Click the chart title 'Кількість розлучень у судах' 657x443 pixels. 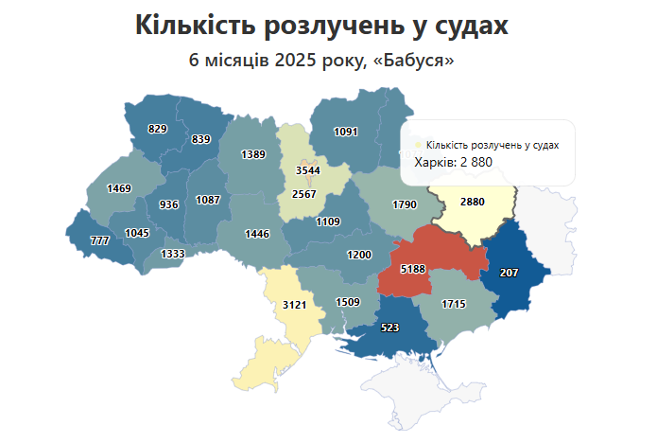[x=321, y=26]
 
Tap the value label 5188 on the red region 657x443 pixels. [x=413, y=270]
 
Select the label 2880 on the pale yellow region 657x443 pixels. [x=473, y=202]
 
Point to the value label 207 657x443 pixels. [x=509, y=273]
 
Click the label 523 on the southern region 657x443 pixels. [x=389, y=328]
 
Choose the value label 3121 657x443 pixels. [x=296, y=305]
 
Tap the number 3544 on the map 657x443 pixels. [x=308, y=170]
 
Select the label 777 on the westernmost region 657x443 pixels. [x=99, y=241]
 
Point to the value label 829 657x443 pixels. [x=158, y=128]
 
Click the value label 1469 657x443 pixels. [x=119, y=188]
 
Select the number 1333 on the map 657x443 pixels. [x=173, y=254]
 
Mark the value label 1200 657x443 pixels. [x=359, y=255]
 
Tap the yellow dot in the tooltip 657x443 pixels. [x=420, y=145]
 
